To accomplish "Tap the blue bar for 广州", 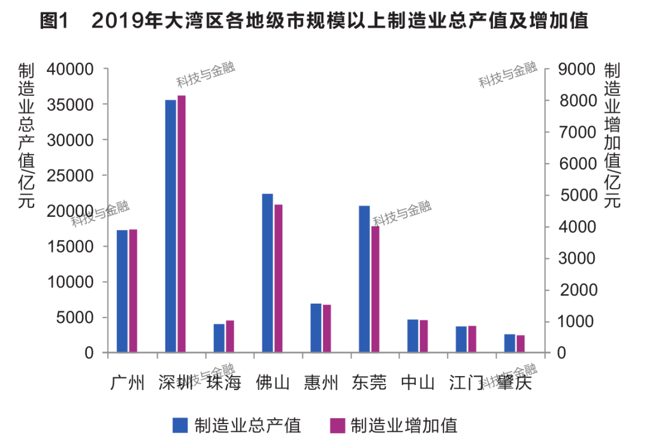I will click(x=122, y=291).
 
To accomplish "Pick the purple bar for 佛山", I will click(x=279, y=279).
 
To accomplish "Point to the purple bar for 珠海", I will click(x=230, y=337).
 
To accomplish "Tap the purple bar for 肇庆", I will click(x=521, y=344).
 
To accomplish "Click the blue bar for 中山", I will click(x=413, y=336).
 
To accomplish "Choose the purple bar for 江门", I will click(x=472, y=339).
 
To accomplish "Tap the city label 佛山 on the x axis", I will click(x=272, y=383).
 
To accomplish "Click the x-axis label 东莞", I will click(x=369, y=383).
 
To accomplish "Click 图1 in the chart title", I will click(x=55, y=22).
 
